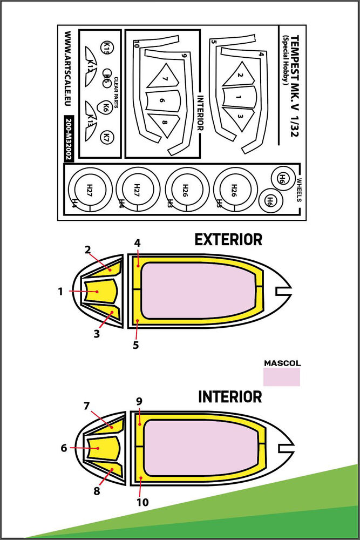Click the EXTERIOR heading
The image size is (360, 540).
[228, 240]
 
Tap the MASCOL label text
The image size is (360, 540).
[282, 363]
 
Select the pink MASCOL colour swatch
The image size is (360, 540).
[282, 377]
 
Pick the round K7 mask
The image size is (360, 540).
[107, 136]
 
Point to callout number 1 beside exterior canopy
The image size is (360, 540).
[61, 291]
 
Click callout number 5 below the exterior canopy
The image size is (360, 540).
[136, 344]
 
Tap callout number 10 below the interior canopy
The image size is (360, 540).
[142, 502]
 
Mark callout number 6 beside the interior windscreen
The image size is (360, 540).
[64, 448]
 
